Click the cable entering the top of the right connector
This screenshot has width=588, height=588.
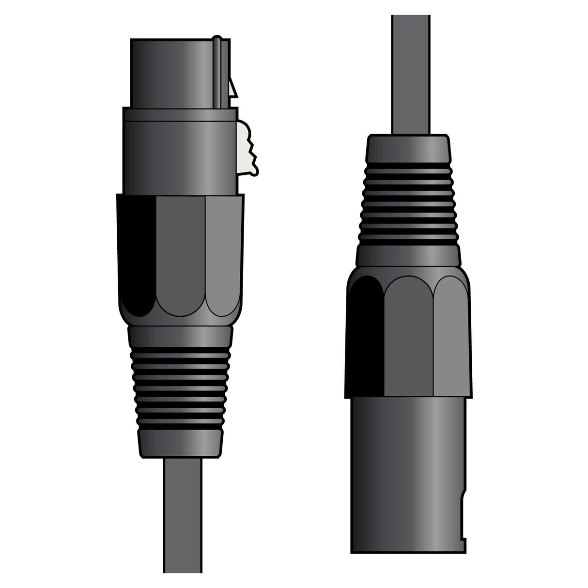click(x=411, y=73)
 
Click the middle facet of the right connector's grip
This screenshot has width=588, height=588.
click(x=409, y=334)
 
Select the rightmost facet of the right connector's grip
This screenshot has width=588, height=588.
click(x=450, y=334)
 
